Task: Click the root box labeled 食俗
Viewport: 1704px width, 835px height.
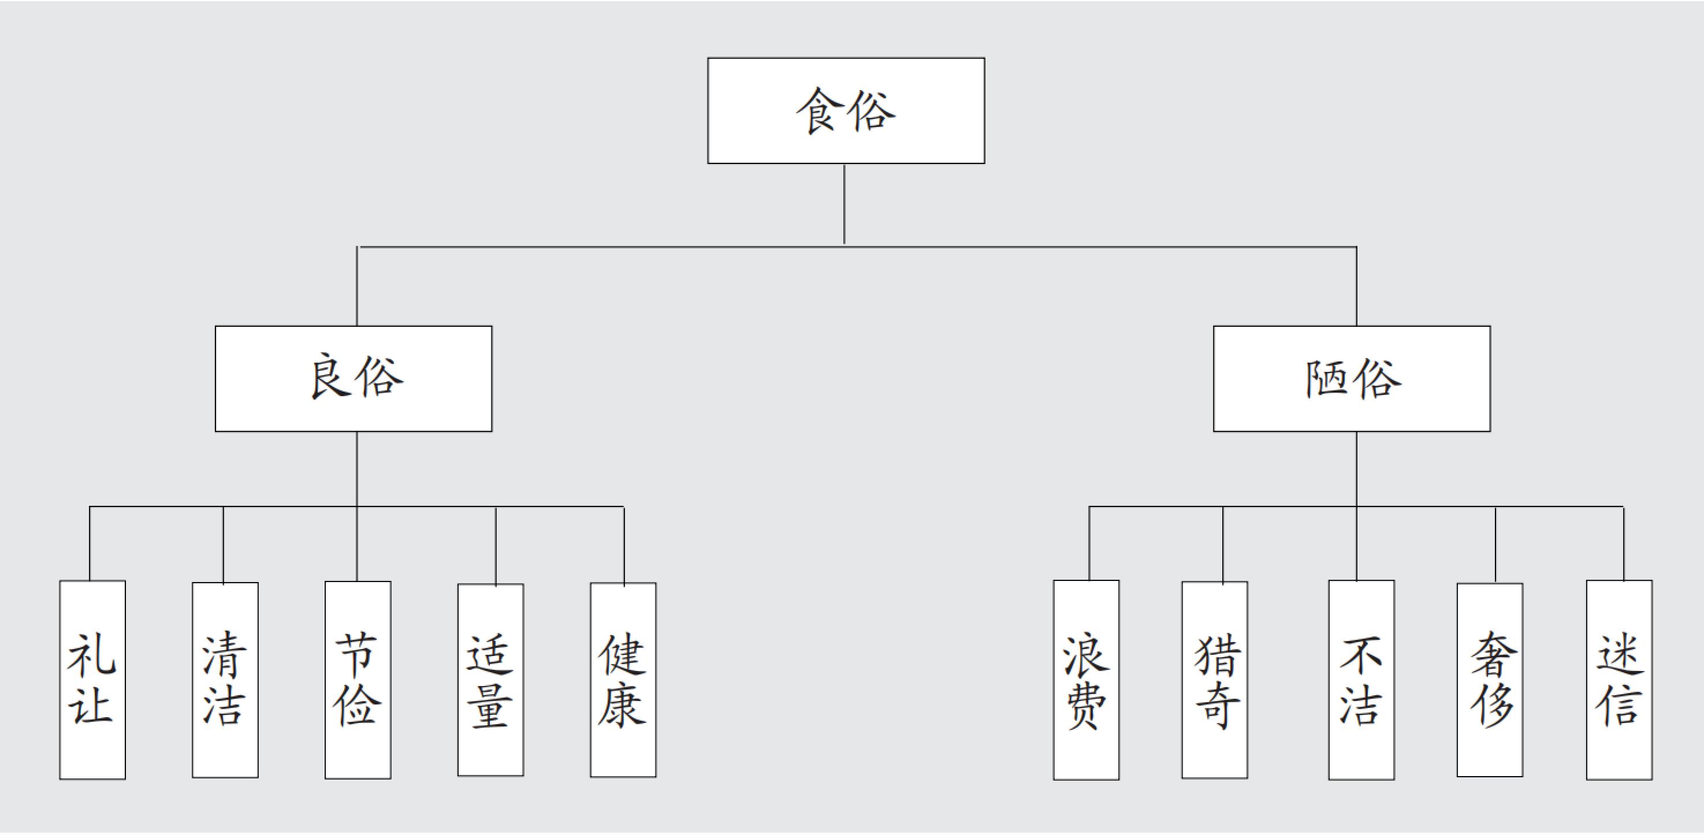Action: [846, 110]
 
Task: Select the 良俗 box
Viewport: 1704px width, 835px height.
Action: [354, 379]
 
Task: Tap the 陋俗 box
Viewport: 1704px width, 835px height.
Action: [1352, 379]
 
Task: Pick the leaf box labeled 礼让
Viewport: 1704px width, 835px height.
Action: [92, 680]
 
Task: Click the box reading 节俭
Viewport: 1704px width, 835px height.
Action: [358, 680]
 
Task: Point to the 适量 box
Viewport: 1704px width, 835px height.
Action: [491, 680]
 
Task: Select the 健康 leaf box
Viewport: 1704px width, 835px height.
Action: [623, 680]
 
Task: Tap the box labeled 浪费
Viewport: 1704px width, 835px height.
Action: [1086, 680]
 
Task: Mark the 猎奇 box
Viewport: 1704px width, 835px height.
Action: [1215, 680]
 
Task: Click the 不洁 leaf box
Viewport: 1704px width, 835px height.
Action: [1362, 680]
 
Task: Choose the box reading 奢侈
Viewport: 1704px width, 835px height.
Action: [1490, 680]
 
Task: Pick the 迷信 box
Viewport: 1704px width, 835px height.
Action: [1619, 680]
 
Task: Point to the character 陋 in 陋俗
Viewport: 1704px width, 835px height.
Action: [1329, 378]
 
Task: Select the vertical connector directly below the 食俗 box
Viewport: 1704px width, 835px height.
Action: [844, 205]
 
